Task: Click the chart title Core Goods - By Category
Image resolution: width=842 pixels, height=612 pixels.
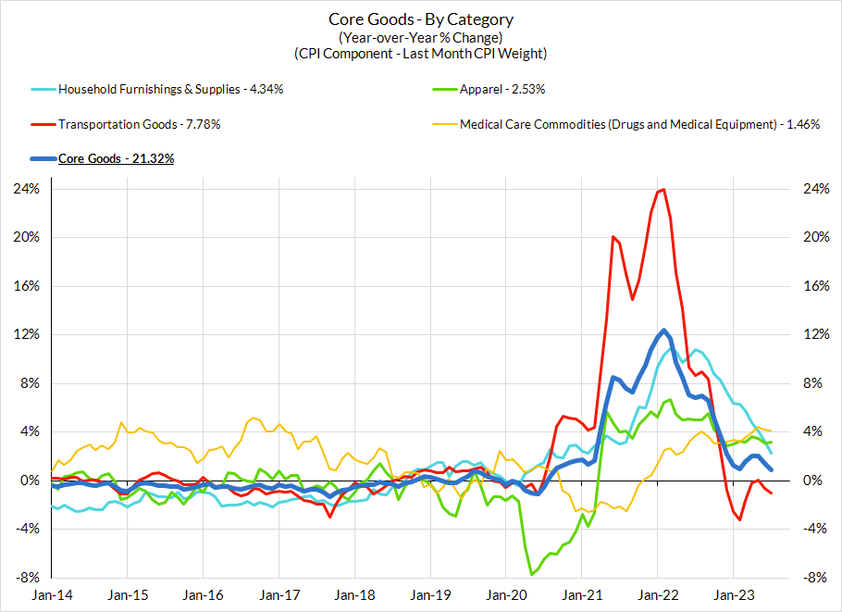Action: [421, 19]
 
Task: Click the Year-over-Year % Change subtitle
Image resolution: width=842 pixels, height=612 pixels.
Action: [421, 37]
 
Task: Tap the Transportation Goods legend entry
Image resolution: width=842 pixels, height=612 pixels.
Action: [140, 124]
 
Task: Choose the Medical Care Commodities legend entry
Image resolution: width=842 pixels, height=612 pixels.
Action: [639, 124]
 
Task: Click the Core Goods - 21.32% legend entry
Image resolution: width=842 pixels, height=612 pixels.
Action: [116, 158]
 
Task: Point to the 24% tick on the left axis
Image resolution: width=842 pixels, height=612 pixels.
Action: [26, 188]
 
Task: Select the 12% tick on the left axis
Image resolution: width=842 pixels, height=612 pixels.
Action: [26, 334]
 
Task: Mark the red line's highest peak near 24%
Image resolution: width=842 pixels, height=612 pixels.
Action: [662, 190]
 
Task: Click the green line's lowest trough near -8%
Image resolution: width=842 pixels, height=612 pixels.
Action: [532, 574]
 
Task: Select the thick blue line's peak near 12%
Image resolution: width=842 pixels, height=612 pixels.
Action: [663, 331]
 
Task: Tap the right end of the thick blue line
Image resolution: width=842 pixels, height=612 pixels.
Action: [772, 470]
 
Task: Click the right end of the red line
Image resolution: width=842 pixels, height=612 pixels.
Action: [772, 493]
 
